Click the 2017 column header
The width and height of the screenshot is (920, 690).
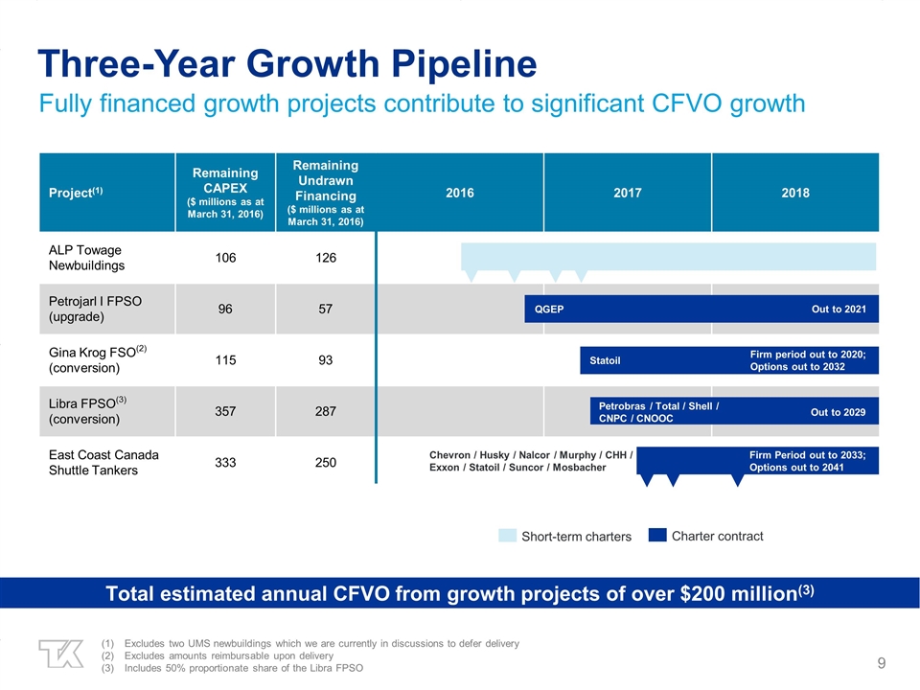(x=628, y=193)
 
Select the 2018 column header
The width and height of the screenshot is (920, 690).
(x=794, y=193)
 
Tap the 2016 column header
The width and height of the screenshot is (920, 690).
(x=460, y=193)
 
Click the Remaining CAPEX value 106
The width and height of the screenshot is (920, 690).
(x=225, y=258)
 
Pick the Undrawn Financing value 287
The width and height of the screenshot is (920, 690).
(x=325, y=411)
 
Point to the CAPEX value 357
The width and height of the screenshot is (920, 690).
(x=225, y=411)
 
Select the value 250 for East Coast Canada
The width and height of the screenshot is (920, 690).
(x=325, y=463)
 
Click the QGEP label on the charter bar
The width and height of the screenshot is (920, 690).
(x=549, y=310)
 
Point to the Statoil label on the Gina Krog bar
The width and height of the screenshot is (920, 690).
(x=605, y=361)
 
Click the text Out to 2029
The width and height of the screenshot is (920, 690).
(x=838, y=412)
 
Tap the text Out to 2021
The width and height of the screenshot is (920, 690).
(x=838, y=310)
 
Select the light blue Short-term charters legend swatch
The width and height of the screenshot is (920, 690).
(x=507, y=536)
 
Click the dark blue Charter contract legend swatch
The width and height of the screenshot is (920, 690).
(x=657, y=536)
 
